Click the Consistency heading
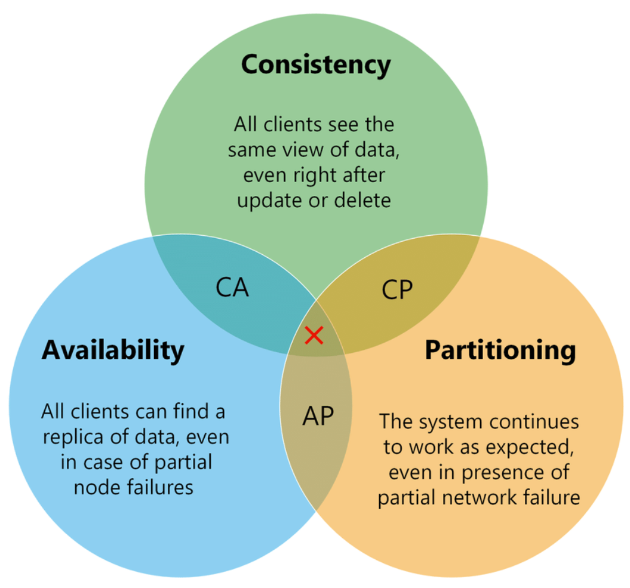[316, 64]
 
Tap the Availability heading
[113, 350]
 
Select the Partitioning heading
[500, 350]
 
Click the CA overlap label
[232, 288]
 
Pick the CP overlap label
[397, 290]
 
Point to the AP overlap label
[317, 416]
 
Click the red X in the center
[314, 335]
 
